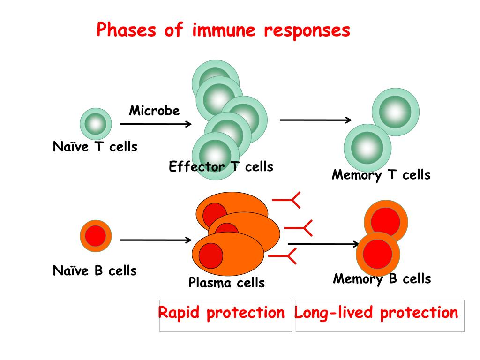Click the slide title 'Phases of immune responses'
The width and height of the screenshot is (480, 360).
coord(223,30)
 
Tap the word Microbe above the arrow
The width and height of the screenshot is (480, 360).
coord(154,111)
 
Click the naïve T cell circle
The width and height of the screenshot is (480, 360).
coord(96,124)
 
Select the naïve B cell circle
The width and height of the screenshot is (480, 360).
coord(96,236)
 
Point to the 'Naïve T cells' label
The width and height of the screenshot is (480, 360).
coord(95,147)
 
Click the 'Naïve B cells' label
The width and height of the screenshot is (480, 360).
coord(95,270)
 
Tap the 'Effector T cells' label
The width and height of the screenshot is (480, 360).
coord(221,166)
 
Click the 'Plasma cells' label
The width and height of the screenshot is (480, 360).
coord(226,283)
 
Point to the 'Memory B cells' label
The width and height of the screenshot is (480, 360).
coord(382,279)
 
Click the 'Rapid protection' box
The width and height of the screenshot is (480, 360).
coord(226,316)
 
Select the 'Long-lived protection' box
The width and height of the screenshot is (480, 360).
coord(380,316)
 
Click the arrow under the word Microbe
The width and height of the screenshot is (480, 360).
coord(156,124)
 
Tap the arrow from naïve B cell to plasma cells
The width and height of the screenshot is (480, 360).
coord(156,240)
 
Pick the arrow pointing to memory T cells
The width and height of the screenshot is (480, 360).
coord(316,120)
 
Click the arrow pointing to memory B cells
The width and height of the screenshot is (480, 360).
coord(323,244)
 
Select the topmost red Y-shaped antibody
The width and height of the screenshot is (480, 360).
coord(286,200)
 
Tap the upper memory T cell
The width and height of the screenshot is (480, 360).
coord(396,112)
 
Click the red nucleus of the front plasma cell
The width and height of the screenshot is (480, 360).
coord(210,255)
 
